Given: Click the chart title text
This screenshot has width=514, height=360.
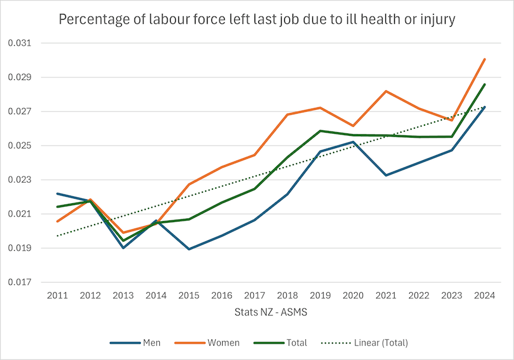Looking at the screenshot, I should [x=257, y=19].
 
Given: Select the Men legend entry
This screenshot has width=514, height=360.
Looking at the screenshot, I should [x=135, y=343].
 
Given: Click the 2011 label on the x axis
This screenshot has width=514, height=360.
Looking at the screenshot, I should [x=57, y=295].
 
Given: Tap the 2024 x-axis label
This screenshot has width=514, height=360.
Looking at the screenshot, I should [x=485, y=295].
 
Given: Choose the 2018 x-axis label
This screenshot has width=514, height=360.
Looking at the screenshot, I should [x=287, y=295].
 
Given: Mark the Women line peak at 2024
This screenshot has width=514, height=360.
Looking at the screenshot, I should [x=485, y=59].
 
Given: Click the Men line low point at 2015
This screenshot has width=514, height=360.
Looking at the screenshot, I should [x=188, y=249].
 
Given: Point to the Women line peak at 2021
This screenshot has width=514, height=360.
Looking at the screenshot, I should [x=386, y=91].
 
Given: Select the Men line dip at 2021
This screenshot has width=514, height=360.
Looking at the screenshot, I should [x=386, y=175].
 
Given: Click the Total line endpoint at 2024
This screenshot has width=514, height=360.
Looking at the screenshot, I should [x=485, y=84].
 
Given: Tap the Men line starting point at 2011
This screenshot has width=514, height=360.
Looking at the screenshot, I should [x=57, y=194].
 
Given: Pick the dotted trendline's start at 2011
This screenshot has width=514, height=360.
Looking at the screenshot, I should [x=57, y=236].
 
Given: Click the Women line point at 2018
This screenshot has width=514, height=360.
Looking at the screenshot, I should [x=287, y=114].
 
